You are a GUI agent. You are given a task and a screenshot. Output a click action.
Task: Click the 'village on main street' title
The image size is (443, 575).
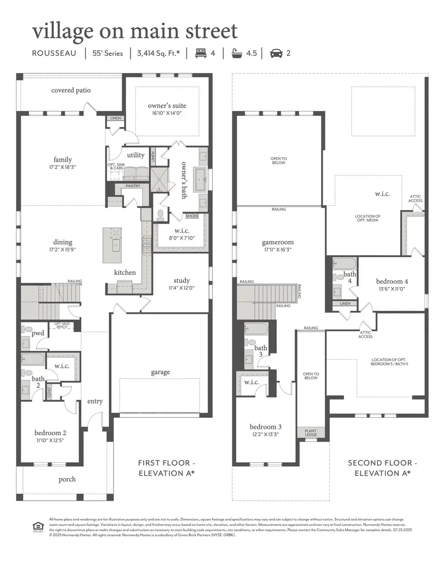tap(134, 31)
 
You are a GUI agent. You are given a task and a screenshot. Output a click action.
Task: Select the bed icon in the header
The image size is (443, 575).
tap(201, 53)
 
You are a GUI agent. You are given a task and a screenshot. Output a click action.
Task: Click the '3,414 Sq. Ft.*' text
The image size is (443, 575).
tap(158, 53)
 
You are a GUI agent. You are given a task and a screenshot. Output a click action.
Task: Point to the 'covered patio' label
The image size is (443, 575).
tap(71, 90)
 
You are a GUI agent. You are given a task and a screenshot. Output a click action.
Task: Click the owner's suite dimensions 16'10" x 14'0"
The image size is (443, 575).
tap(167, 113)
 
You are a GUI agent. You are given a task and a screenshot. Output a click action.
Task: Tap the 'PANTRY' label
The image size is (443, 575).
tap(133, 186)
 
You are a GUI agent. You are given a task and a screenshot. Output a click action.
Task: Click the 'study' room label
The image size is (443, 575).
tap(181, 281)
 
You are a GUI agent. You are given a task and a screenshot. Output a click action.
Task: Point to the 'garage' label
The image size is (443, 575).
tap(160, 372)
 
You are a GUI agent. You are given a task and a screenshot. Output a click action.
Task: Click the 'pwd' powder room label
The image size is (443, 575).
tap(38, 333)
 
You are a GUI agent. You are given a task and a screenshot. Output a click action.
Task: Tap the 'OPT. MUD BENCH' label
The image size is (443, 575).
tap(61, 325)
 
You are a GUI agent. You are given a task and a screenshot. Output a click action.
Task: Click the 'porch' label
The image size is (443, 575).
tap(67, 479)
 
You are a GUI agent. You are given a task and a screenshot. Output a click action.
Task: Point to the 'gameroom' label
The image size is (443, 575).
tap(278, 242)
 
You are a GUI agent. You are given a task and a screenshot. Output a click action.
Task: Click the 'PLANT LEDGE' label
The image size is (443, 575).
tap(311, 433)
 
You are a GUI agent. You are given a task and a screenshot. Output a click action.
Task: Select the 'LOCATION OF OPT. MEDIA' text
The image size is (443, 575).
tap(368, 218)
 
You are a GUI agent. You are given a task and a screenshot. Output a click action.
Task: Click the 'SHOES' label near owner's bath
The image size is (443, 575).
tap(192, 216)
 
